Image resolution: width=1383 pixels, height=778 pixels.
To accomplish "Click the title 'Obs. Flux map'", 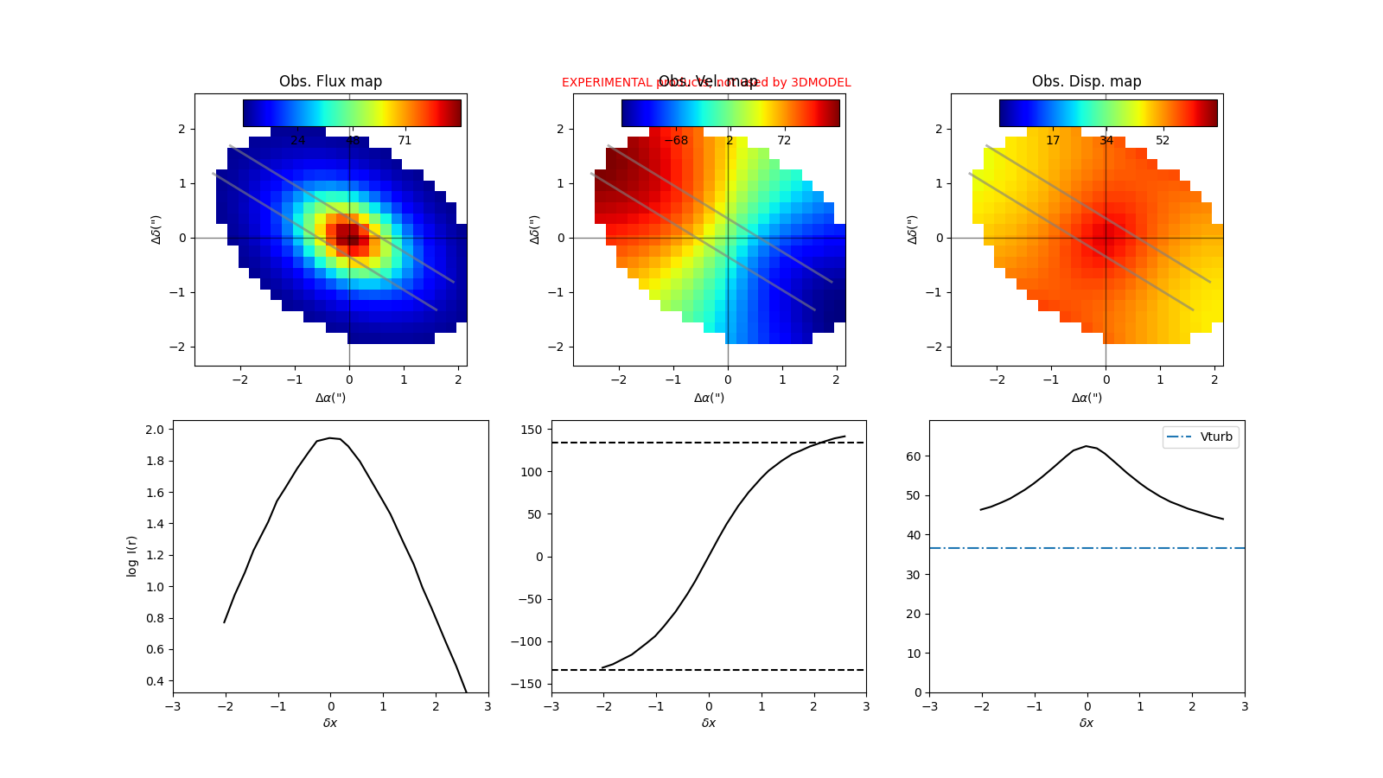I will tap(330, 81).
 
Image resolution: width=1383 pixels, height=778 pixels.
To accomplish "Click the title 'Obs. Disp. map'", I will tap(1087, 81).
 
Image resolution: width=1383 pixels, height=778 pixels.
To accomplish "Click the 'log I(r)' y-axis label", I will tap(132, 556).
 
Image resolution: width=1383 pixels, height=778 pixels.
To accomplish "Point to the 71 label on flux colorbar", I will tap(405, 141).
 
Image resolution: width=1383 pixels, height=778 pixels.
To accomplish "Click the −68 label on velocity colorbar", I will tap(676, 141).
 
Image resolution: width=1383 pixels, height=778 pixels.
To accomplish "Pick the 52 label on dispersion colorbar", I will tap(1163, 141).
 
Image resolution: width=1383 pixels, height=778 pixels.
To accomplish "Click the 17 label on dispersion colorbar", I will tap(1053, 141).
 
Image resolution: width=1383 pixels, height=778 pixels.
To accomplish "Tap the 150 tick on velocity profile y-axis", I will tap(532, 430).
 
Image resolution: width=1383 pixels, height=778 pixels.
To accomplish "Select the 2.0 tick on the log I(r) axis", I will tap(155, 430).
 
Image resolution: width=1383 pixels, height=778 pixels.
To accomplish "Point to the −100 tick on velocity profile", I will tap(529, 641).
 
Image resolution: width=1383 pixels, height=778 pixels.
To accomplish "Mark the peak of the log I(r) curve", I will tap(330, 438).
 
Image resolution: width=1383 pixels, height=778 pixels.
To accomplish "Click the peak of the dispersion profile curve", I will tap(1087, 446).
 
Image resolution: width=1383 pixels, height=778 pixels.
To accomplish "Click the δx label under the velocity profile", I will tap(709, 723).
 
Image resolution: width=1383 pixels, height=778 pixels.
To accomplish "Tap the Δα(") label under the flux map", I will tap(330, 398).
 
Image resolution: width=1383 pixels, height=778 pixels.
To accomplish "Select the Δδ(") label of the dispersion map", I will tap(913, 229).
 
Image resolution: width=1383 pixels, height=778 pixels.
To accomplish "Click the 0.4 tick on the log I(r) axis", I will tap(155, 681).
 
